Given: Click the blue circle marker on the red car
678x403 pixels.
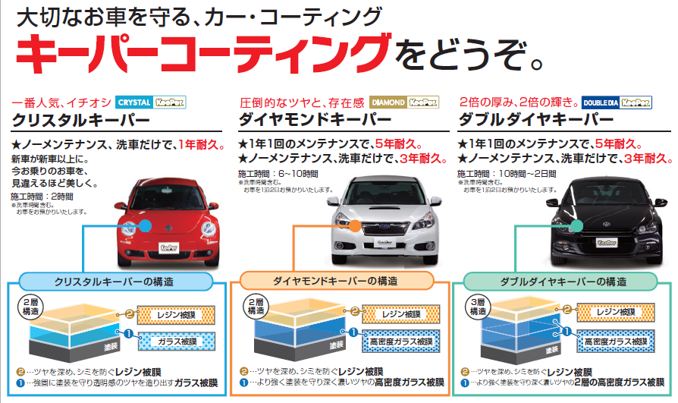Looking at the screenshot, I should pyautogui.click(x=146, y=225).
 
